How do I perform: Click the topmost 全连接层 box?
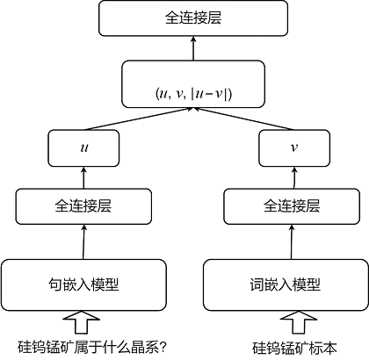click(193, 18)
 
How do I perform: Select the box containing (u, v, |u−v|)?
click(193, 84)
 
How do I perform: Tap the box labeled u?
click(83, 148)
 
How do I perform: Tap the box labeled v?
click(294, 148)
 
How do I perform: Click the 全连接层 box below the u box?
click(83, 206)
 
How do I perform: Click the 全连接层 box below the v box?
click(292, 206)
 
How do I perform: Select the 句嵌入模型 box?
click(83, 284)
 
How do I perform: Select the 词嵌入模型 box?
click(286, 284)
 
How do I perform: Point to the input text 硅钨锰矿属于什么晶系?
click(92, 348)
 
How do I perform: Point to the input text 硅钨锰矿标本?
click(294, 348)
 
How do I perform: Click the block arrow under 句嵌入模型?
click(82, 322)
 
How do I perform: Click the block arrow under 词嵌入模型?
click(299, 322)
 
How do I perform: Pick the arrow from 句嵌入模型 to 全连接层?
click(83, 241)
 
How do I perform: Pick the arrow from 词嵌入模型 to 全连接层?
click(292, 241)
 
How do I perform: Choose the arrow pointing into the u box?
click(83, 177)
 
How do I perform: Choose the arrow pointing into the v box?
click(294, 177)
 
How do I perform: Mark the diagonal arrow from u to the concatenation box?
click(138, 119)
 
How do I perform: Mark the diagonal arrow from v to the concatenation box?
click(243, 119)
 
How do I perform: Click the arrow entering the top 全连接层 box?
click(193, 48)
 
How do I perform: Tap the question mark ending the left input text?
click(163, 348)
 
